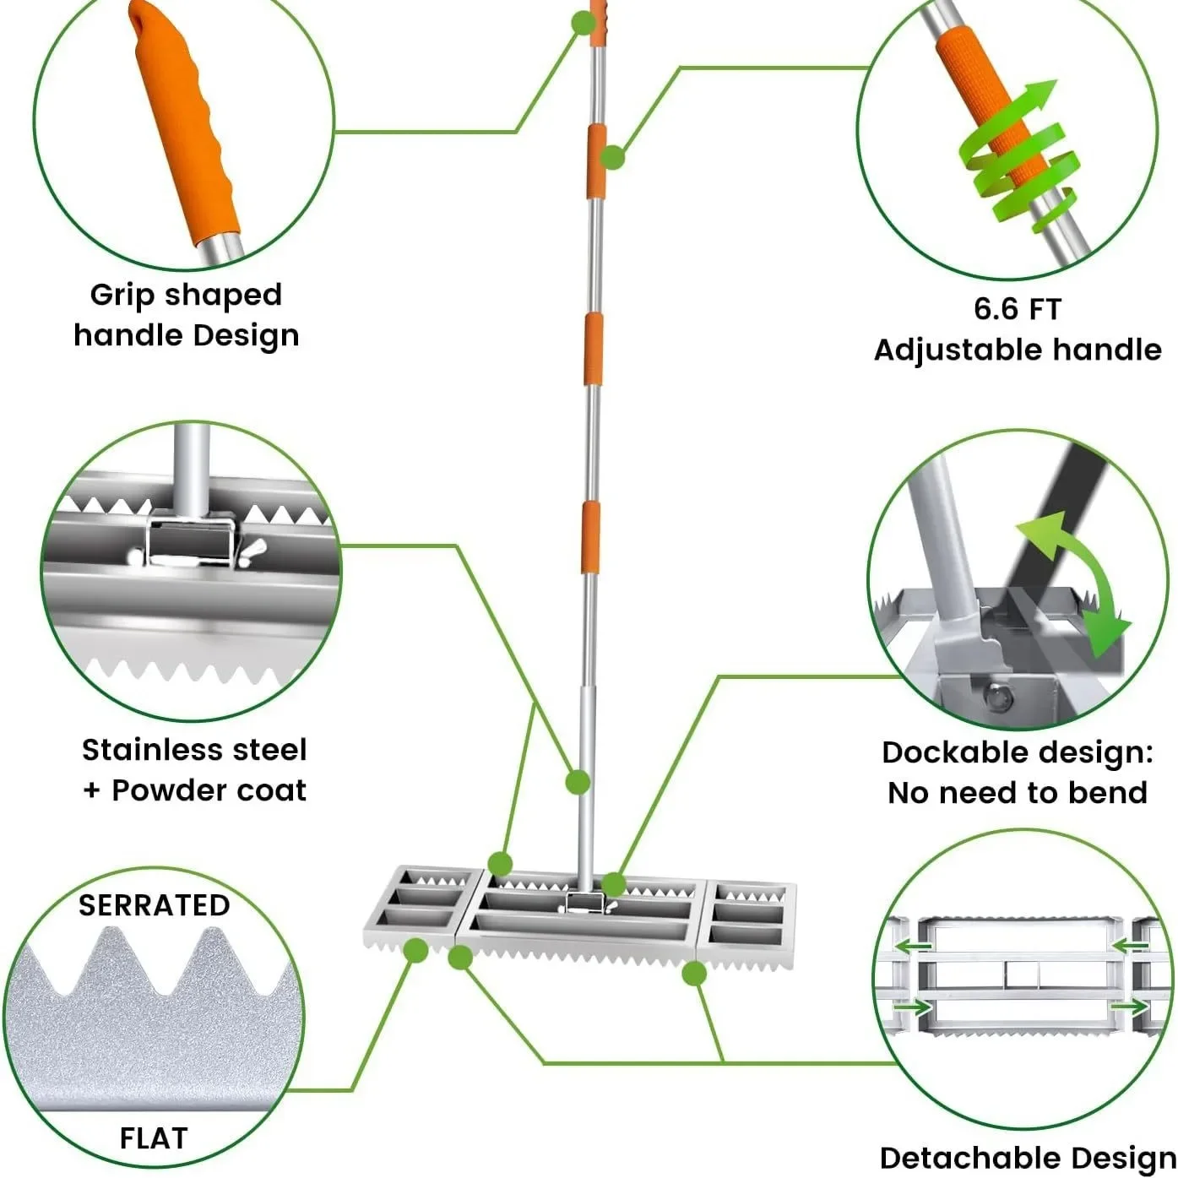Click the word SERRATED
[154, 905]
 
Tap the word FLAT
[153, 1138]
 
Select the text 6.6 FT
[1017, 309]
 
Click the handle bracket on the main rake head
[583, 902]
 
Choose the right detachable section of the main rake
[750, 916]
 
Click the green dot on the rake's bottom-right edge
[693, 974]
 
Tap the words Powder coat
[209, 791]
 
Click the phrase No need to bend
[1017, 793]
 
